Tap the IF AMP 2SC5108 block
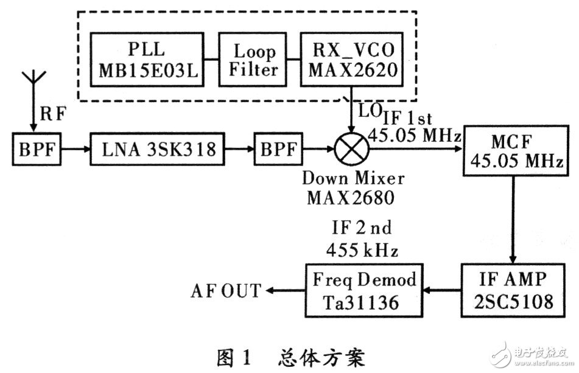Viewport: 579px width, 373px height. (508, 290)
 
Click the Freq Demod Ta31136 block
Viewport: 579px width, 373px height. (365, 290)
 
